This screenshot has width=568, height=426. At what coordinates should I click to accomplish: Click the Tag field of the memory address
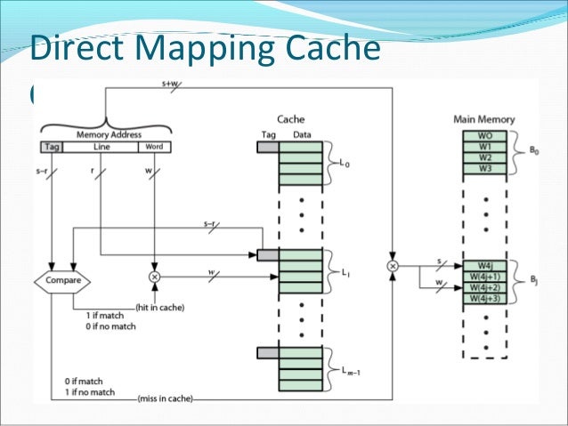click(x=52, y=147)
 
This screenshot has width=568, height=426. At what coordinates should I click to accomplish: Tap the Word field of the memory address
click(x=155, y=147)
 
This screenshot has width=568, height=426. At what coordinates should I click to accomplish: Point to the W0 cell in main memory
click(x=485, y=136)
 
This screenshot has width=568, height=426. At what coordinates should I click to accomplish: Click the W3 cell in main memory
click(x=485, y=168)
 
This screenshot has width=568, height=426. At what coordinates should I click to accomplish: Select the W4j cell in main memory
click(x=485, y=265)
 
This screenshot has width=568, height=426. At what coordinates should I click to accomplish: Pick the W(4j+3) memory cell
click(x=485, y=298)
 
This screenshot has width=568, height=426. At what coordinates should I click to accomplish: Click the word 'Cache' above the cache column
click(x=291, y=118)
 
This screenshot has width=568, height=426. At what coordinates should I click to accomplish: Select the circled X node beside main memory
click(x=392, y=265)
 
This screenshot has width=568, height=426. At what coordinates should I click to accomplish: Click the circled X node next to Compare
click(x=154, y=277)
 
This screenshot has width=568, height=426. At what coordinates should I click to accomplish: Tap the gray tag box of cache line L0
click(x=267, y=147)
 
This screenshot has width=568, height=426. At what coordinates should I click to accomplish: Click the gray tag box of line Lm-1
click(x=267, y=353)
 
